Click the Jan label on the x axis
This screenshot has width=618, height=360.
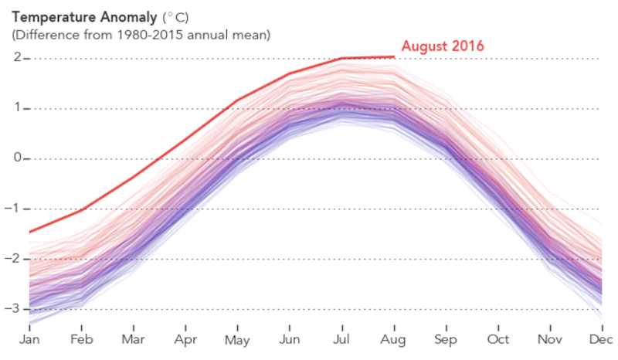29,340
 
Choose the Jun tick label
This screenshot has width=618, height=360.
289,340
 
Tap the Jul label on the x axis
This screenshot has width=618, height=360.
341,340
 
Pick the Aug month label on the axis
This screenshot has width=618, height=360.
394,340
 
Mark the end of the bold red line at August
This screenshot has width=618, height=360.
394,56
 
